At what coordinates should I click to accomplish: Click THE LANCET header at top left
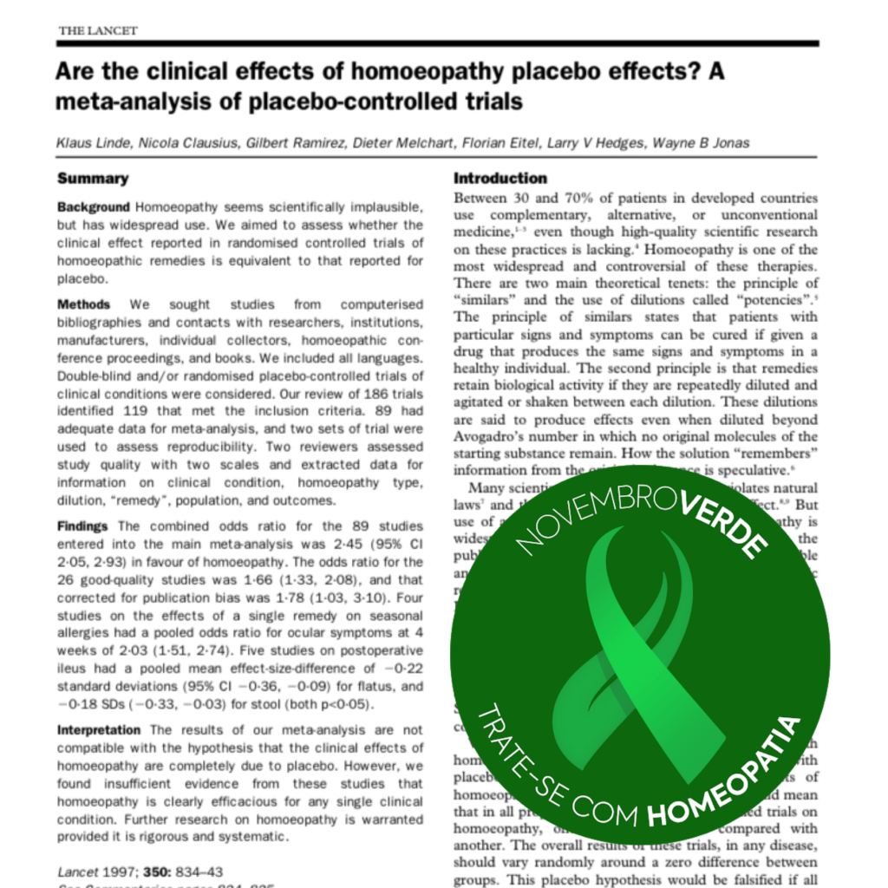pos(97,31)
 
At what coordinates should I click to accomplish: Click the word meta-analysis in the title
pos(121,101)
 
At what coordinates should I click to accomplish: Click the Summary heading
pos(92,179)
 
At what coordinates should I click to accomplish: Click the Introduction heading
pos(500,179)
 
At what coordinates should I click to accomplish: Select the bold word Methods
pos(83,304)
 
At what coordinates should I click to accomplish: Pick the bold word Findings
pos(83,526)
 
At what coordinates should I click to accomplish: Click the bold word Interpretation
pos(99,730)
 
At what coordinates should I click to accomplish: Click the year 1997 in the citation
pos(117,872)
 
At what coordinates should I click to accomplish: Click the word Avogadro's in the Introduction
pos(494,436)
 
